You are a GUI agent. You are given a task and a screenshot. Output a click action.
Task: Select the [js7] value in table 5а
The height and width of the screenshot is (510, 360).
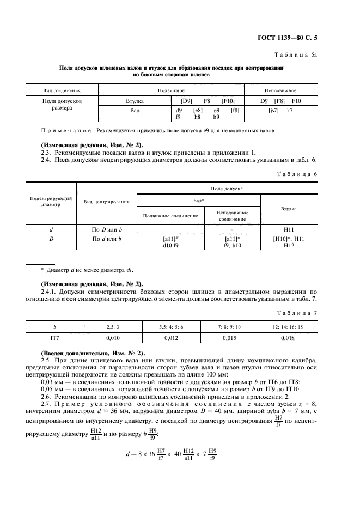point(273,110)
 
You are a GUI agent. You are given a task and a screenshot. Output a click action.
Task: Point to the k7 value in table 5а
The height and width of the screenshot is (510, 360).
point(290,110)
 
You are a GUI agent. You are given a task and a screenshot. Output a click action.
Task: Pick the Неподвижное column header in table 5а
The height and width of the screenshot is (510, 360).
point(280,90)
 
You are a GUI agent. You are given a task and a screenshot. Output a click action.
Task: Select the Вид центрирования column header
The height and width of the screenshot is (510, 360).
point(106,202)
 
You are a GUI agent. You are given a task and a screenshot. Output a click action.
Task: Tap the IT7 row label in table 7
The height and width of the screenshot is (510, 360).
point(54,338)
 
